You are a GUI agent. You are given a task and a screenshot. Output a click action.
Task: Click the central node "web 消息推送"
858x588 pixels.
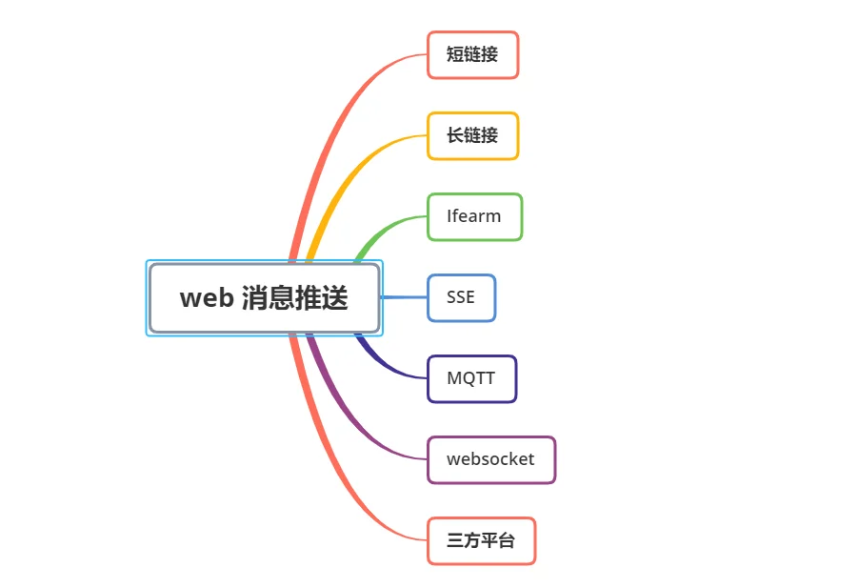tap(265, 298)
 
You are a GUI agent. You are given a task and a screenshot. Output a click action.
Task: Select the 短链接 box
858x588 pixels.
tap(472, 54)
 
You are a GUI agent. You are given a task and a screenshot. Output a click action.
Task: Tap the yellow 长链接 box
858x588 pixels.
tap(472, 135)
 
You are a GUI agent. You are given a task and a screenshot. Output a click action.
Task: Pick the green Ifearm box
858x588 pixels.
tap(475, 216)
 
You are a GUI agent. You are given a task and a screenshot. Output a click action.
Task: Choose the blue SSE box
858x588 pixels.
tap(461, 298)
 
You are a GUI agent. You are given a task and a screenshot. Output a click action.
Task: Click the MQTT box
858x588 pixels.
tap(471, 379)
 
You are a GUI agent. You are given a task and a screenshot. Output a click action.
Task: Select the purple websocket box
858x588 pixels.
tap(491, 460)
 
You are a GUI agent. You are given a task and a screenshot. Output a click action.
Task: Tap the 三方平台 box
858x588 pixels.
tap(481, 541)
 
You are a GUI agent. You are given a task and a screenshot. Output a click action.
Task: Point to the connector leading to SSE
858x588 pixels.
tap(404, 297)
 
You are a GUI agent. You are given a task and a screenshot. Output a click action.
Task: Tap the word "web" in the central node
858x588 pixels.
tap(207, 298)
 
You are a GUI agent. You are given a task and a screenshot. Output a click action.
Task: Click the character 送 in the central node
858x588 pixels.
tap(334, 298)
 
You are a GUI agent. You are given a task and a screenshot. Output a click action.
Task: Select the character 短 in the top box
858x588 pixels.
tap(455, 54)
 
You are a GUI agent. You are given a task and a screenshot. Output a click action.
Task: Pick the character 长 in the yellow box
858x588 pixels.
tap(455, 135)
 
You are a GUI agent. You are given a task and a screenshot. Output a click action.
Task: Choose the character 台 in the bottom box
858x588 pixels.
tap(507, 540)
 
